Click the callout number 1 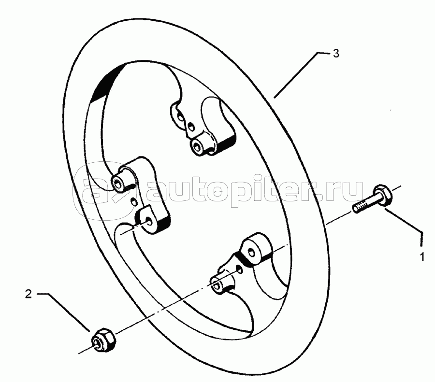(x=422, y=257)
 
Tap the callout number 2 (x=29, y=294)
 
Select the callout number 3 (x=336, y=53)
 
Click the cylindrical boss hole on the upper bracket (x=197, y=145)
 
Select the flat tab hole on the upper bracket (x=180, y=117)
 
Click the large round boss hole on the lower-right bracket (x=251, y=252)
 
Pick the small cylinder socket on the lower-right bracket (x=218, y=285)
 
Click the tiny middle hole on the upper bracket (x=191, y=127)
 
